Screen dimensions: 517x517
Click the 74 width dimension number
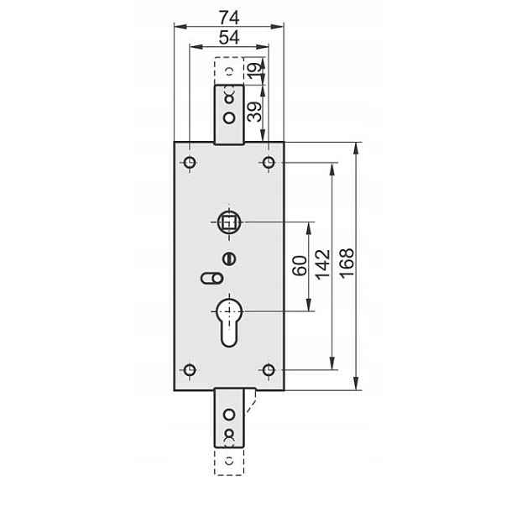tap(229, 18)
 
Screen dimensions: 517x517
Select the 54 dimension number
tap(229, 37)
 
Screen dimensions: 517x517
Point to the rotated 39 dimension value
tap(254, 112)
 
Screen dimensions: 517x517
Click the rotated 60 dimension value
tap(300, 266)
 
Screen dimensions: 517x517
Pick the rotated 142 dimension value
tap(323, 265)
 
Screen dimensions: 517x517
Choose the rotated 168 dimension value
tap(347, 264)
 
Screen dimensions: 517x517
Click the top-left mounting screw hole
tap(190, 163)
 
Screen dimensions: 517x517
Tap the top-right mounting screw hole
tap(269, 163)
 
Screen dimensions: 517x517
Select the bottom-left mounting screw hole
tap(190, 370)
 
